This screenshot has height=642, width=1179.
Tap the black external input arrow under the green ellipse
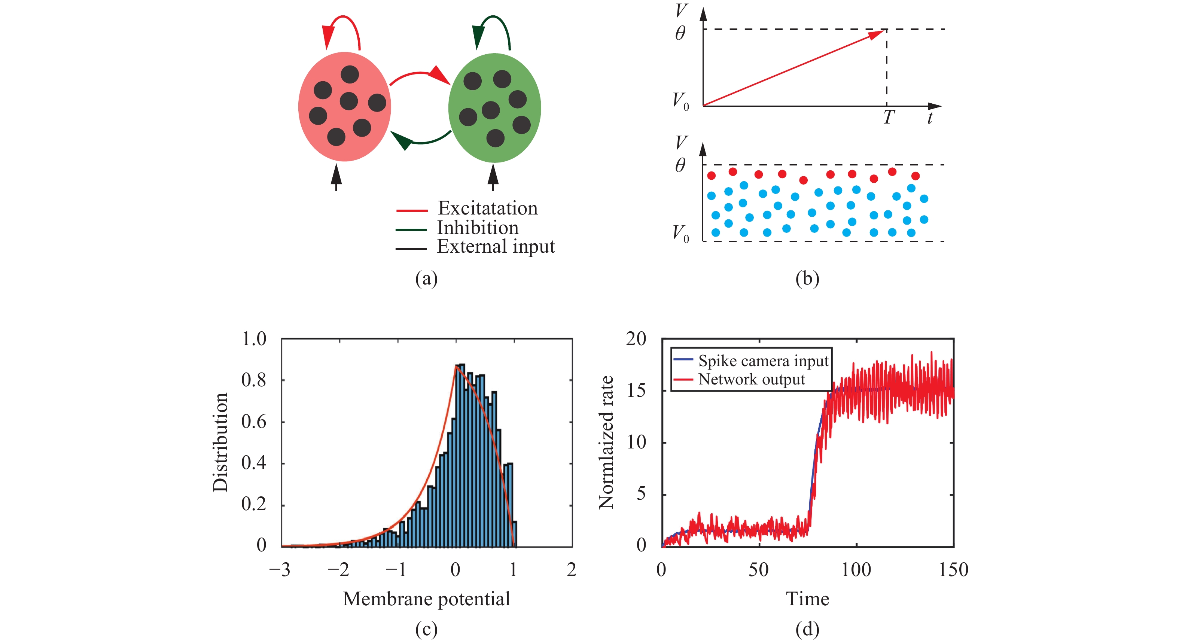(x=493, y=178)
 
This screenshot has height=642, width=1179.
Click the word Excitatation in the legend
(x=487, y=209)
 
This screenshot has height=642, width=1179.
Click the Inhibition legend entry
(x=477, y=228)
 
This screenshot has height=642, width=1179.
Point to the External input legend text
(x=495, y=247)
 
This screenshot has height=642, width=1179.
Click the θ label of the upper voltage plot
(x=680, y=33)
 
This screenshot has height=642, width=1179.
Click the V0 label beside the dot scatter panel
(x=680, y=234)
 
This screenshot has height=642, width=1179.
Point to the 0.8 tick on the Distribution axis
(x=253, y=380)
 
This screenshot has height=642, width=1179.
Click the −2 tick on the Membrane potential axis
(x=338, y=570)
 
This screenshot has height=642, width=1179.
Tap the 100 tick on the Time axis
(x=856, y=570)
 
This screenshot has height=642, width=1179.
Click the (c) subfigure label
(x=426, y=630)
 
